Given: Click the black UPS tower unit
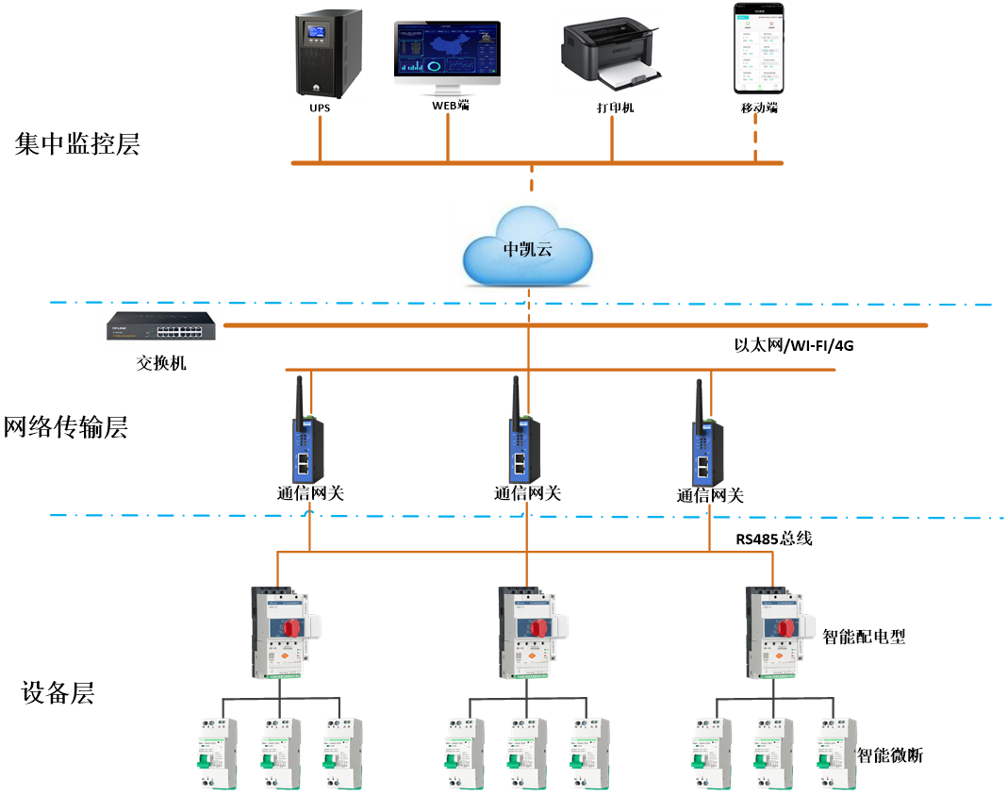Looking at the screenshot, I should point(329,54).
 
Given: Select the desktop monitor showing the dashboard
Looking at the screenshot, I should point(447,54).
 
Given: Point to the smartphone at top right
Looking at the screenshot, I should point(759,48).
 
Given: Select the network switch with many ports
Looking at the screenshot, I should point(161,327).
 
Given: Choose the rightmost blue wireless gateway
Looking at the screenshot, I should point(707,452).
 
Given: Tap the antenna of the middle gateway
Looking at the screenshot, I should point(516,396).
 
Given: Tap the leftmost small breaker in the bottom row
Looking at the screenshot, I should point(217,755).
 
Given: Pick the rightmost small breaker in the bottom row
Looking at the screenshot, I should point(837,755).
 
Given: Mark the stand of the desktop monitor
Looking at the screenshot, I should point(447,92).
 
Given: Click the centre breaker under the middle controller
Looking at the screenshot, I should point(528,755).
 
